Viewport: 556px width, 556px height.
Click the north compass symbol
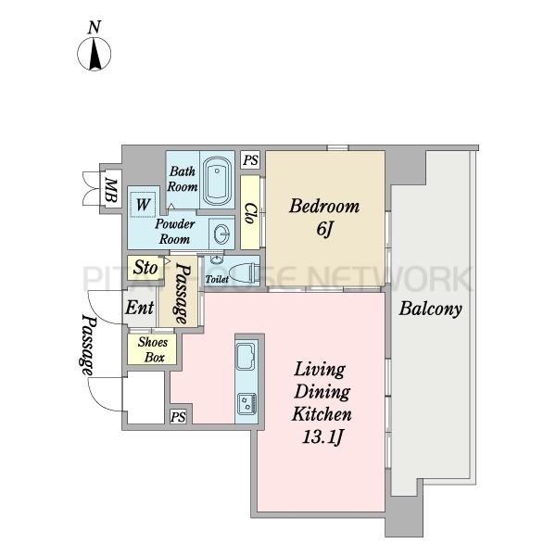pyautogui.click(x=94, y=54)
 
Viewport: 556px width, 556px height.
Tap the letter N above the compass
pyautogui.click(x=94, y=27)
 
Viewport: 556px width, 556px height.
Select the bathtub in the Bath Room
pyautogui.click(x=217, y=181)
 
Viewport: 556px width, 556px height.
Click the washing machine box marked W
pyautogui.click(x=143, y=205)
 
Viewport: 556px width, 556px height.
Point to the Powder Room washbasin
pyautogui.click(x=222, y=234)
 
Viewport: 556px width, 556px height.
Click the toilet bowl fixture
pyautogui.click(x=244, y=273)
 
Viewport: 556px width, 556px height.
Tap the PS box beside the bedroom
pyautogui.click(x=251, y=160)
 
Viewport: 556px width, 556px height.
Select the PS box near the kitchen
pyautogui.click(x=178, y=416)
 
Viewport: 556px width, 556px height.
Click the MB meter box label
pyautogui.click(x=111, y=190)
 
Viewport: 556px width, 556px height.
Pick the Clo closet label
pyautogui.click(x=250, y=213)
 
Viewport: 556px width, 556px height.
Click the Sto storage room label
pyautogui.click(x=145, y=268)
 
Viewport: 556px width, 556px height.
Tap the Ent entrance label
pyautogui.click(x=139, y=307)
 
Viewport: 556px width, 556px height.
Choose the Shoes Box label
pyautogui.click(x=153, y=349)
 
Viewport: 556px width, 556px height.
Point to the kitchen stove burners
pyautogui.click(x=246, y=403)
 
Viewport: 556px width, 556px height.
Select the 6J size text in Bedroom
pyautogui.click(x=324, y=230)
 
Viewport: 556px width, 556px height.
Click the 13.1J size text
pyautogui.click(x=322, y=436)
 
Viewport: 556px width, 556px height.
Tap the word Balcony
pyautogui.click(x=431, y=310)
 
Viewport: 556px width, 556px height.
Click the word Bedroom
pyautogui.click(x=324, y=207)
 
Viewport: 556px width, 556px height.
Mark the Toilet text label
pyautogui.click(x=217, y=280)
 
